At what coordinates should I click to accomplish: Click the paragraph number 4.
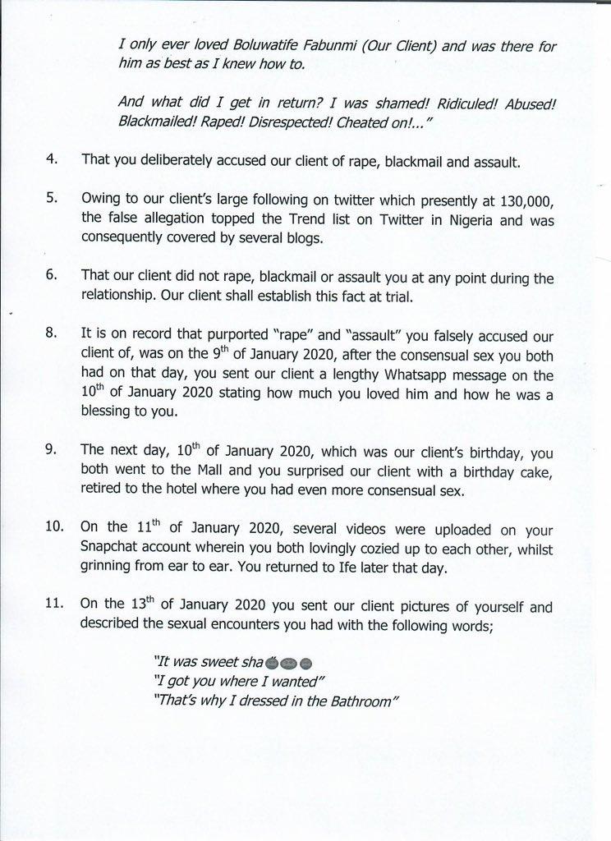tap(51, 159)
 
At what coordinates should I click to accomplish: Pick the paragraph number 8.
tap(51, 335)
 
